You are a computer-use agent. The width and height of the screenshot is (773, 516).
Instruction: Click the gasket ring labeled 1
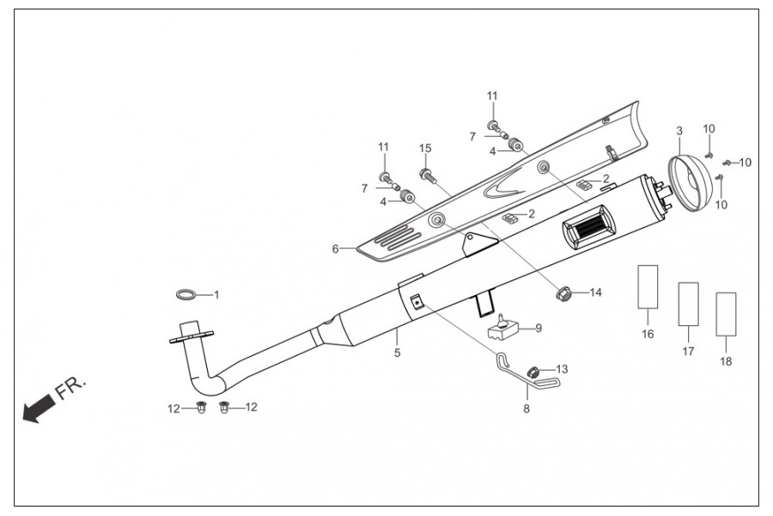click(x=185, y=295)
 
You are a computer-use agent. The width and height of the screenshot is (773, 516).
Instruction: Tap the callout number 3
click(x=679, y=131)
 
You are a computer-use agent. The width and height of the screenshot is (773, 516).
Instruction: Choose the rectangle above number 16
click(x=648, y=287)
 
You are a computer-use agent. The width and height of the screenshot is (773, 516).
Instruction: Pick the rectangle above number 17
click(x=688, y=304)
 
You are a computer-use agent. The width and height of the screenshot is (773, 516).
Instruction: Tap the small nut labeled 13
click(x=533, y=372)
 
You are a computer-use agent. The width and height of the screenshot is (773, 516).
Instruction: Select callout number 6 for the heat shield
click(x=335, y=249)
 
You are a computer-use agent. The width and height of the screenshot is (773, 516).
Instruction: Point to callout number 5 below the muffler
click(x=397, y=353)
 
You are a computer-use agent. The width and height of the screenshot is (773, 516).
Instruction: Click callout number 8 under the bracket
click(x=526, y=409)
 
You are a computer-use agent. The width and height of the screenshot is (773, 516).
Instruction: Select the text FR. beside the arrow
click(x=70, y=389)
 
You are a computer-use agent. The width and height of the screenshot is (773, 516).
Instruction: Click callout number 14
click(x=595, y=292)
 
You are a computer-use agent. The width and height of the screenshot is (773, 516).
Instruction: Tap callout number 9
click(x=539, y=328)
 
